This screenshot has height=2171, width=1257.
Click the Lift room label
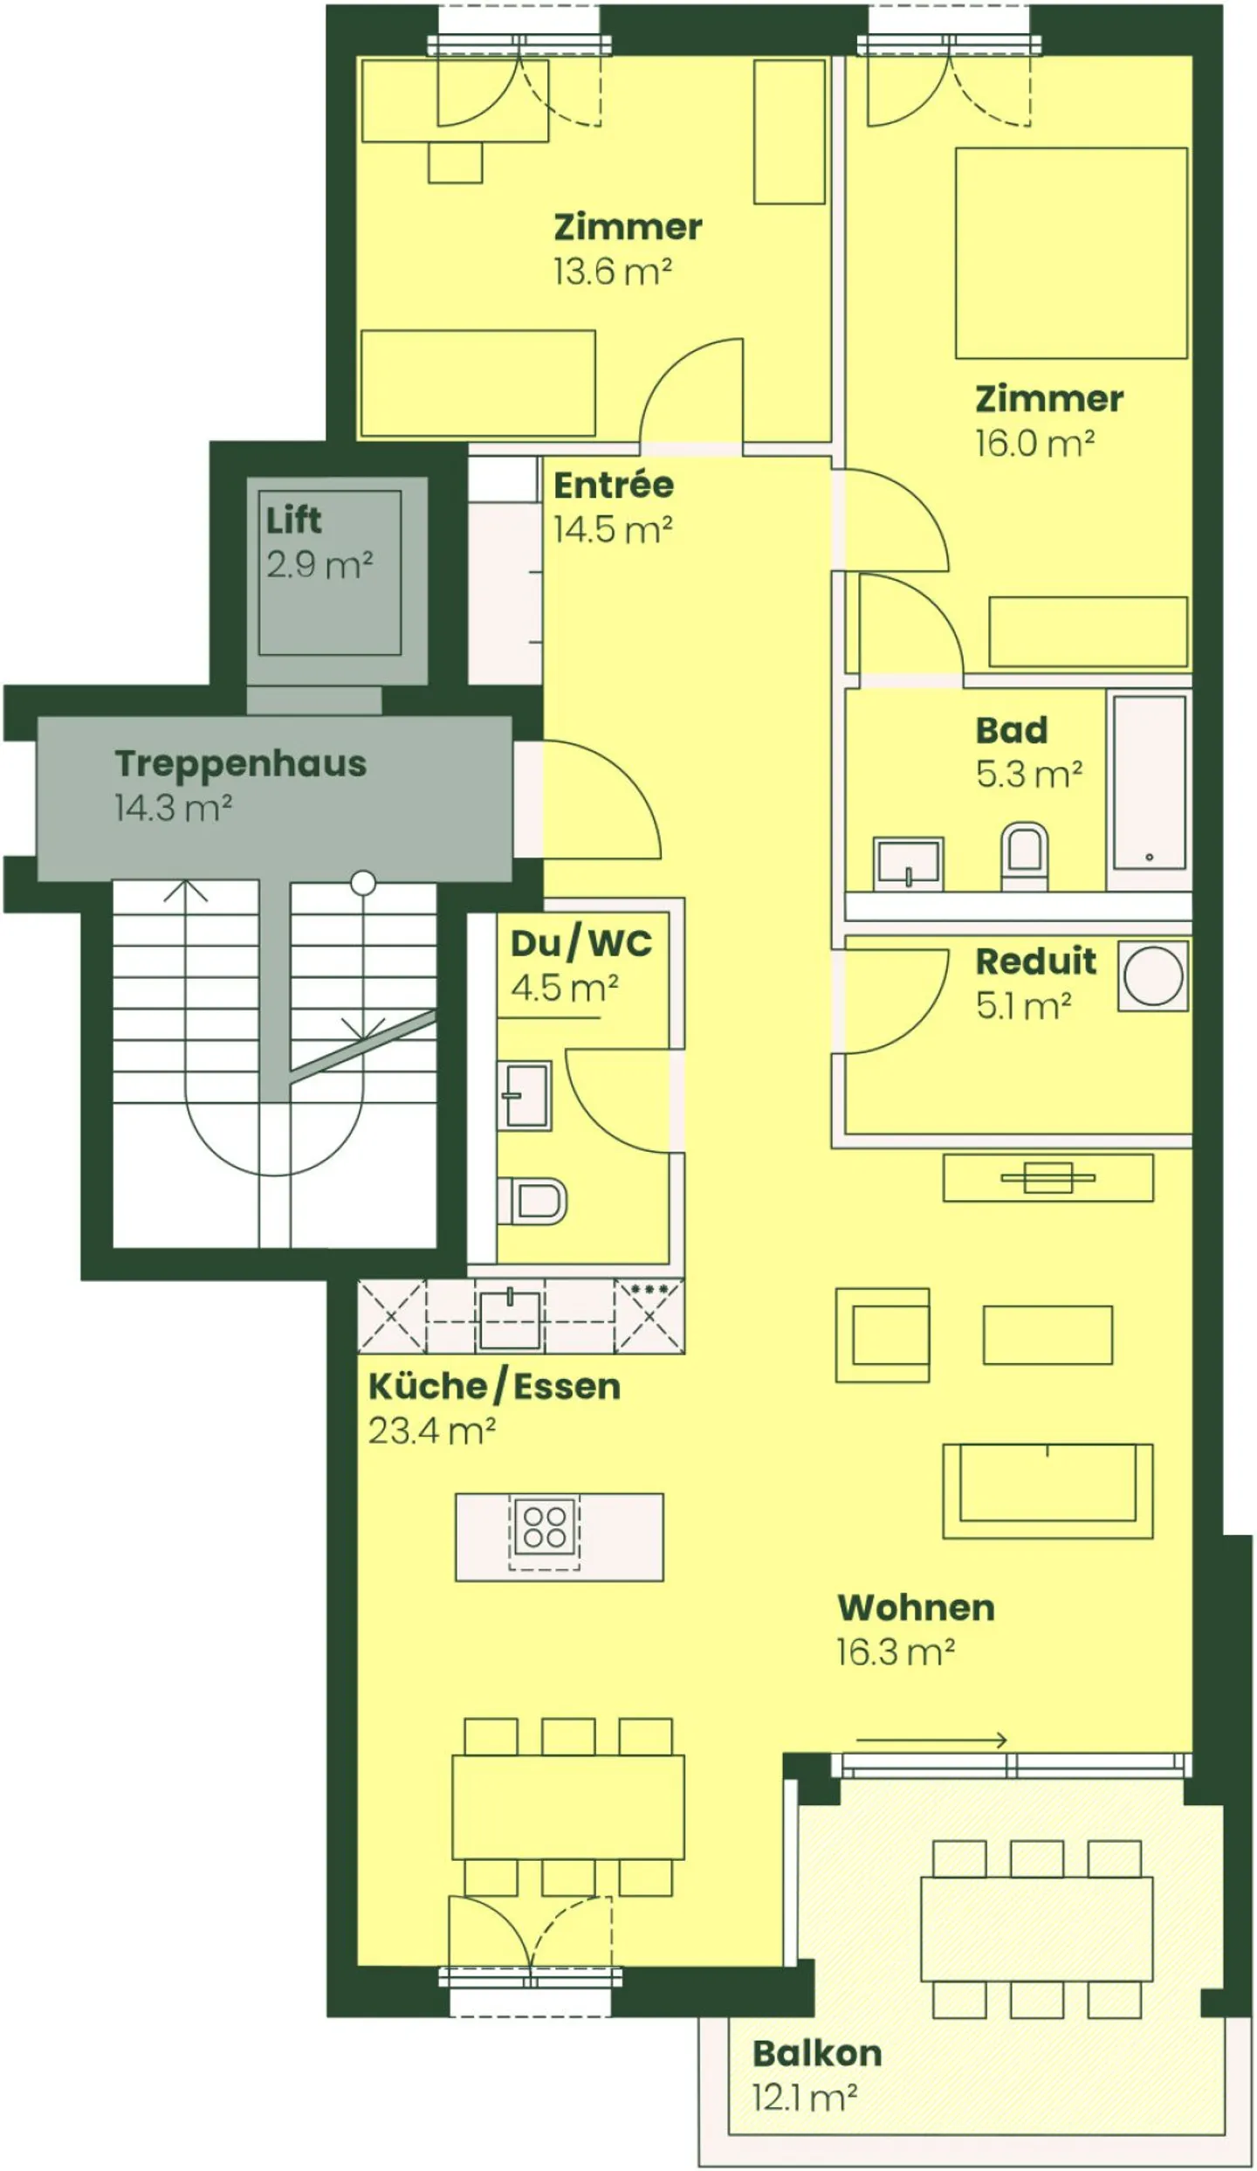click(293, 520)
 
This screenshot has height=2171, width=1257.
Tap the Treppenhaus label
click(240, 763)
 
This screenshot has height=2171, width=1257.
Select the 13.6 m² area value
click(612, 272)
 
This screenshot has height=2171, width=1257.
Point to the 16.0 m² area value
click(1034, 444)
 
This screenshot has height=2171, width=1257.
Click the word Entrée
click(614, 485)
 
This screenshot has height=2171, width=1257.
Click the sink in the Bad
click(909, 863)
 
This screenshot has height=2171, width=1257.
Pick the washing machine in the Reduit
click(1153, 975)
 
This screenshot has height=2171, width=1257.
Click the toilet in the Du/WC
click(532, 1200)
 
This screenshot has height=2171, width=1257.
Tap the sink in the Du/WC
click(525, 1095)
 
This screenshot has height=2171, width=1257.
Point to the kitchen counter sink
click(511, 1317)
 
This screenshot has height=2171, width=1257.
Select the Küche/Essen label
click(494, 1387)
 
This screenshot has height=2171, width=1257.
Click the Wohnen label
click(916, 1608)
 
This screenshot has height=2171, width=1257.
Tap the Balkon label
click(817, 2053)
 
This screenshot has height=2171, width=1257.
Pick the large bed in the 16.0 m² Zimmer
click(1071, 253)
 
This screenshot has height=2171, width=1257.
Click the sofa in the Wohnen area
click(1047, 1491)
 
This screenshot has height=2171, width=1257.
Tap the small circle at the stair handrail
click(363, 883)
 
